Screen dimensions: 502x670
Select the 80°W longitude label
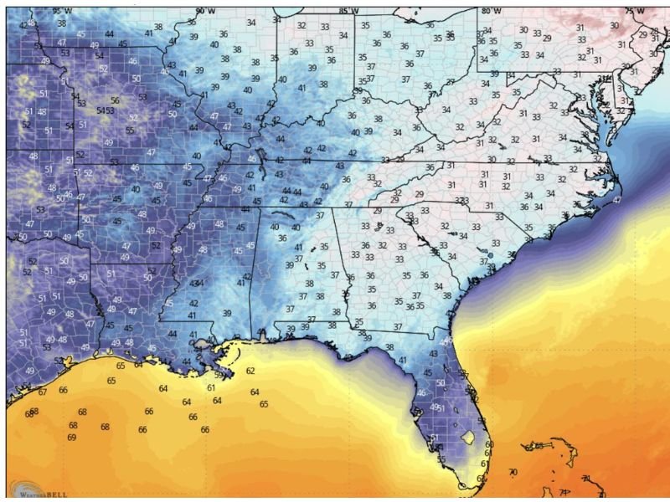point(492,11)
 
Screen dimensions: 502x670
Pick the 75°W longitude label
point(636,11)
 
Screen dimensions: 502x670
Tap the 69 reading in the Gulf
point(72,438)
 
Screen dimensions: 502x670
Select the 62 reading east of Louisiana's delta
point(250,371)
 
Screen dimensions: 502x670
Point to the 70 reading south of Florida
point(513,473)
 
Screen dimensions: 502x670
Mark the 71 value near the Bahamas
point(586,479)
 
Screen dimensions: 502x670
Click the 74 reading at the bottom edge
point(564,492)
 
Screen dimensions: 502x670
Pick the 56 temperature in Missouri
point(115,100)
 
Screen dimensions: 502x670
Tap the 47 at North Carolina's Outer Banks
point(617,200)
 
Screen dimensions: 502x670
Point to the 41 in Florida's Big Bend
point(402,360)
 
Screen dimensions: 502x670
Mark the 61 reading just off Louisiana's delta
point(211,388)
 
